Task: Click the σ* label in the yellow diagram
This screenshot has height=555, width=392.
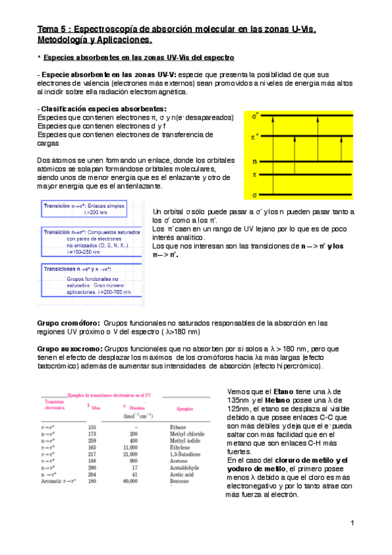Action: (x=255, y=115)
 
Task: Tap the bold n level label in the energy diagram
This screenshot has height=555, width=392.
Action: (x=255, y=161)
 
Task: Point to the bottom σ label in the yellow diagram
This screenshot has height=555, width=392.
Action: (x=255, y=194)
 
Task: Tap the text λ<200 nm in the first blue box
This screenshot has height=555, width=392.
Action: (x=96, y=213)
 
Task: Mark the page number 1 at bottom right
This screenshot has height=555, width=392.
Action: (x=352, y=523)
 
